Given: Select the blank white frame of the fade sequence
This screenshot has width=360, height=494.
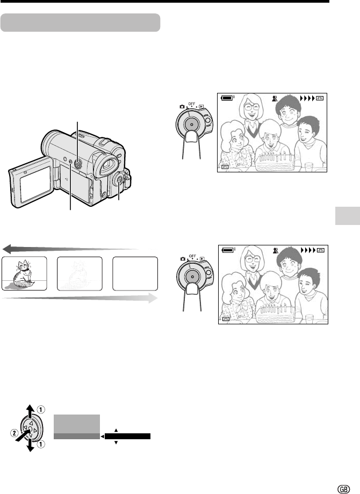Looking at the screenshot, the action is [135, 273].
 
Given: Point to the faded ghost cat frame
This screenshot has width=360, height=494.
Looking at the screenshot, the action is [80, 273].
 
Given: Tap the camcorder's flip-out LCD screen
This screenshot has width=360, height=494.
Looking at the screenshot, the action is [34, 183].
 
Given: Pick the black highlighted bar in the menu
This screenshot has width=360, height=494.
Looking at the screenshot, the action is [127, 437].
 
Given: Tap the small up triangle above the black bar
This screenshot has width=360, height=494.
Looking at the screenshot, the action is [116, 430].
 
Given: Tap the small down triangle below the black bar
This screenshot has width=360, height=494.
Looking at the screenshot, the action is [116, 442].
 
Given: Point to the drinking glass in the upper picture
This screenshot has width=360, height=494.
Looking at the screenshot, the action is [309, 167].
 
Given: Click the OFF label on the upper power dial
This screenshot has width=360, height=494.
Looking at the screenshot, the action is [192, 103].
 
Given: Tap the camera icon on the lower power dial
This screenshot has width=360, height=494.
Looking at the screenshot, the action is [183, 259].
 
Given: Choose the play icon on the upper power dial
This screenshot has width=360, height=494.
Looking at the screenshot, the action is [201, 106].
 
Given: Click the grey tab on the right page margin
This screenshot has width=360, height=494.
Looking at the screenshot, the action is [348, 216].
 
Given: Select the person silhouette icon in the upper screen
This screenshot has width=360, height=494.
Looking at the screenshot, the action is [275, 98].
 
